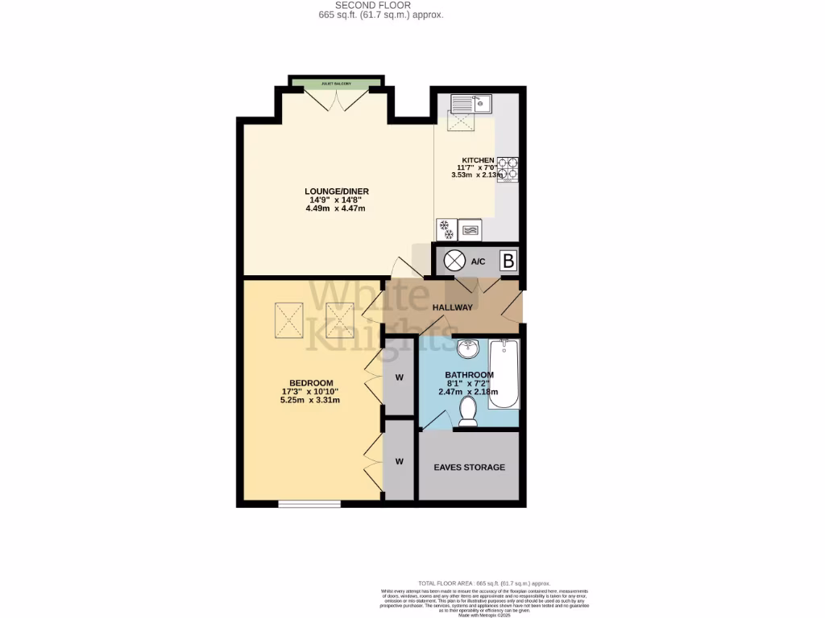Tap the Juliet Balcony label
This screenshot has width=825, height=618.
(338, 83)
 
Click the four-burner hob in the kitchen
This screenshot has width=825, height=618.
(508, 169)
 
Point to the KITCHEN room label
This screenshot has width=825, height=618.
(478, 160)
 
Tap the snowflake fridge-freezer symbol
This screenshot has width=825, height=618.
(446, 229)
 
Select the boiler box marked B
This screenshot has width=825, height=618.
(508, 261)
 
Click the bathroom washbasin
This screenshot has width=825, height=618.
(467, 350)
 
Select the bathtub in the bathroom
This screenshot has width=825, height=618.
(505, 374)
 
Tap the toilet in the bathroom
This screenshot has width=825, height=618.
(467, 412)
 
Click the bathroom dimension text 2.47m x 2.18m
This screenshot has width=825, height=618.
(470, 392)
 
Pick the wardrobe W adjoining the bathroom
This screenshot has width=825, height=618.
(399, 376)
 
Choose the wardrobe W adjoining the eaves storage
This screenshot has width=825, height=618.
(399, 461)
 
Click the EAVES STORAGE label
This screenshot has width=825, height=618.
(470, 467)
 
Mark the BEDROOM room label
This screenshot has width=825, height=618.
(312, 383)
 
